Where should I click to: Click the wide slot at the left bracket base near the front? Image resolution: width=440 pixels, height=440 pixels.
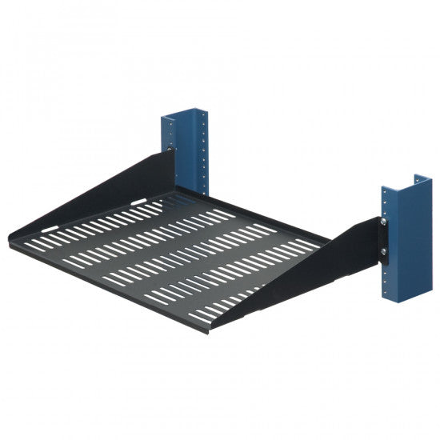click(x=50, y=229)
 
